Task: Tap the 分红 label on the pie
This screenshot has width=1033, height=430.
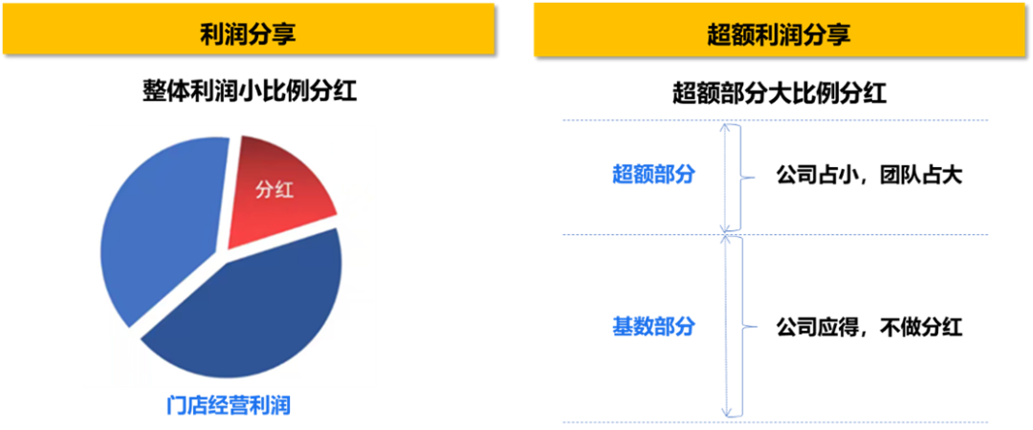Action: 274,189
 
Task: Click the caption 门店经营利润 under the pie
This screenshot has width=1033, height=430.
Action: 227,406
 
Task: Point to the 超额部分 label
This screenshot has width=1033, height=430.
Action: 652,176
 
